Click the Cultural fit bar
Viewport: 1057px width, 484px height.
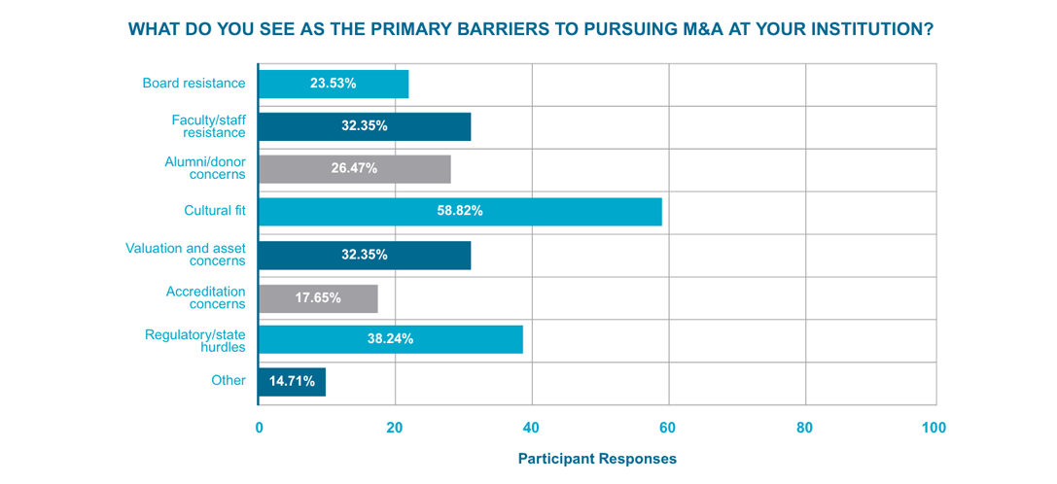pos(460,212)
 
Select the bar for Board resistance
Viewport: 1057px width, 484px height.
pos(334,84)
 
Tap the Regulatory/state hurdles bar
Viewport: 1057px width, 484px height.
pos(391,339)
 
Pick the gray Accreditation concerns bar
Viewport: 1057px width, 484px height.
pos(318,297)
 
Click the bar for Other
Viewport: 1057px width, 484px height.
pos(292,382)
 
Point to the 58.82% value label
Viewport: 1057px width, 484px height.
pos(459,212)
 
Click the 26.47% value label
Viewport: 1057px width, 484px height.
pos(354,169)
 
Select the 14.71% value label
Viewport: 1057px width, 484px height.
pos(291,382)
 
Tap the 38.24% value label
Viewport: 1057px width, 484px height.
pos(390,339)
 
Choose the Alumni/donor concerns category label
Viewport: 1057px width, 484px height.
pos(204,169)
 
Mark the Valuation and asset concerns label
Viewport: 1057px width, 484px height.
pos(186,255)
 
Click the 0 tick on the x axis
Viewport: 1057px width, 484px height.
pos(259,428)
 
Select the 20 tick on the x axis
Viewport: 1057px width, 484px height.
pos(394,428)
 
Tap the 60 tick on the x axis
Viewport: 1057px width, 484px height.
pos(667,428)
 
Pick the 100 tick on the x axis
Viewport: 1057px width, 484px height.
pos(934,428)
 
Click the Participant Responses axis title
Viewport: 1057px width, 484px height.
pos(597,458)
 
